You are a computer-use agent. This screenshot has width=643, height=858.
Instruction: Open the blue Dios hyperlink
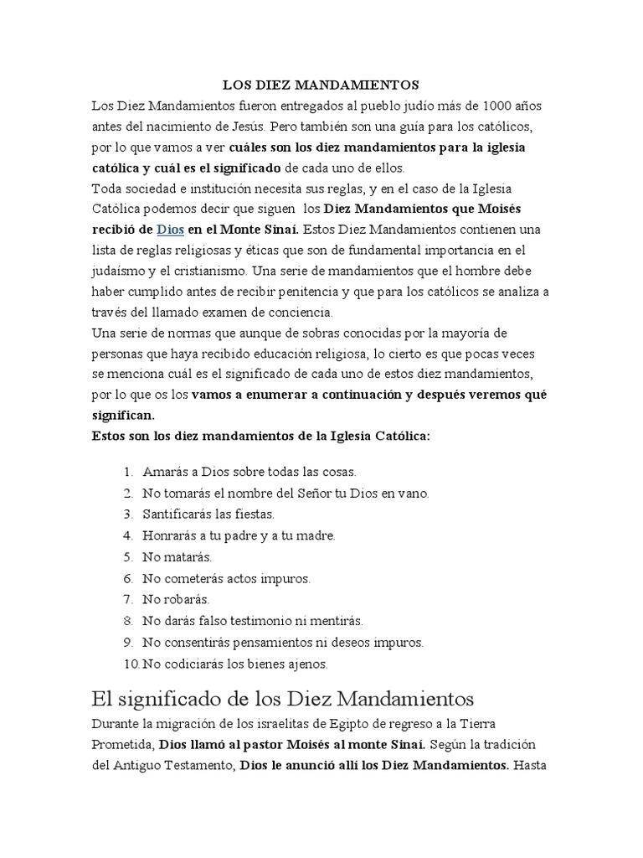point(170,229)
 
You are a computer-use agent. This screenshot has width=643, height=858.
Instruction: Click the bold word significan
point(123,415)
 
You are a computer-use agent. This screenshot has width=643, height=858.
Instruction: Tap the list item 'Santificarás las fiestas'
point(208,514)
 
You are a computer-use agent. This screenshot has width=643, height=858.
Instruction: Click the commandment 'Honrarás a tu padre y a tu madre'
point(239,535)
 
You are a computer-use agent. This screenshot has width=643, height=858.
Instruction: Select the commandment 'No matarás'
point(177,556)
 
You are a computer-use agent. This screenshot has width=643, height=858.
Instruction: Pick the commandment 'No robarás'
point(176,599)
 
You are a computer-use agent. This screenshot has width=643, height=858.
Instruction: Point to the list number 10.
point(131,664)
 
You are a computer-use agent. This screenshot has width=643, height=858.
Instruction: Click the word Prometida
point(122,744)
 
